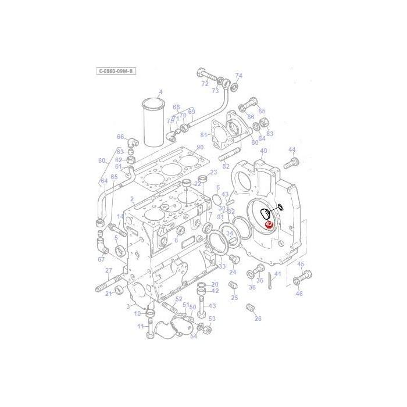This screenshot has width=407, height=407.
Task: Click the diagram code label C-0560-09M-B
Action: click(116, 71)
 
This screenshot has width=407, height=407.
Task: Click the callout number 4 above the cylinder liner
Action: click(160, 92)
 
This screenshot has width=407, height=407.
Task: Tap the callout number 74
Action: click(238, 76)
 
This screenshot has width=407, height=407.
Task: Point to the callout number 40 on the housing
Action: click(263, 151)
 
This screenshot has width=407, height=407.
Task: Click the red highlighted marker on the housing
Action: click(269, 224)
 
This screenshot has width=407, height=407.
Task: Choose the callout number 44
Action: click(292, 149)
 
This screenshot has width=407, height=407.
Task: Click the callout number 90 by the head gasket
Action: click(200, 147)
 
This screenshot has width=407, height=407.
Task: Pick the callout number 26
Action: click(258, 318)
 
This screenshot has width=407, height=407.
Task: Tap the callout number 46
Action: click(299, 294)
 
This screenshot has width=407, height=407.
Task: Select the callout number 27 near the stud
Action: click(109, 270)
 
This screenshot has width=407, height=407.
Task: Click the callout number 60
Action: click(102, 160)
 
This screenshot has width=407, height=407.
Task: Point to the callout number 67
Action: click(101, 259)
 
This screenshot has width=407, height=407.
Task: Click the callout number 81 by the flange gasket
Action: click(203, 135)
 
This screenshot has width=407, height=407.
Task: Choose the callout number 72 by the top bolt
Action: click(205, 84)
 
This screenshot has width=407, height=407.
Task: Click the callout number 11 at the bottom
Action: click(140, 326)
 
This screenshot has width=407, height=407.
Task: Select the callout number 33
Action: click(222, 266)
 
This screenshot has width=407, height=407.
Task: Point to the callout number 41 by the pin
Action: click(278, 274)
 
